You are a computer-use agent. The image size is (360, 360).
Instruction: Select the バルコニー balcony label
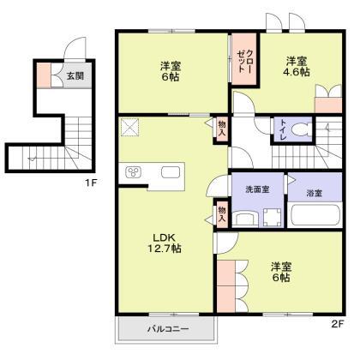point(165,329)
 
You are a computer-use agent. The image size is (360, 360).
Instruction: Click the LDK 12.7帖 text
point(166,243)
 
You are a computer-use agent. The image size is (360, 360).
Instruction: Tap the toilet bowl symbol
point(301,131)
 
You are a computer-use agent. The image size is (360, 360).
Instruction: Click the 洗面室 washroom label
point(256,189)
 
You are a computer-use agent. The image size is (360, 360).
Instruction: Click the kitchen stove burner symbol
point(135,172)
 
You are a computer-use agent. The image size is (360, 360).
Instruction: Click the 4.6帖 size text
point(297,74)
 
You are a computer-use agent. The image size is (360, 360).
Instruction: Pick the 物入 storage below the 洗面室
point(221,214)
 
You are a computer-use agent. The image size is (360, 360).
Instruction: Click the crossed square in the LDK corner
point(131,127)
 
